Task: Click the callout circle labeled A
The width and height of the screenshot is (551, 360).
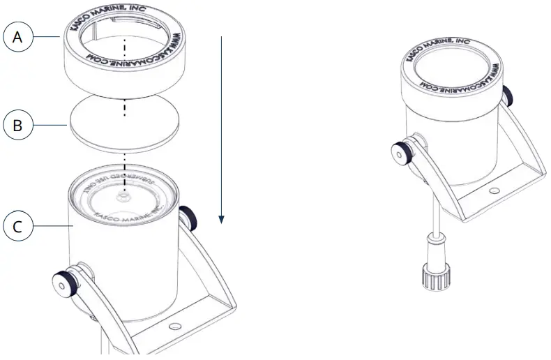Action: [20, 38]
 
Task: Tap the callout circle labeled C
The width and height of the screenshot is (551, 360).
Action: [20, 227]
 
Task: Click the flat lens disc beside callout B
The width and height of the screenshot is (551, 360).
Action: [123, 120]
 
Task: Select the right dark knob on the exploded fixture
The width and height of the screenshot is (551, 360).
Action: [188, 216]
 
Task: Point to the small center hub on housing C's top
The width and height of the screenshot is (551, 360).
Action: [123, 197]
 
